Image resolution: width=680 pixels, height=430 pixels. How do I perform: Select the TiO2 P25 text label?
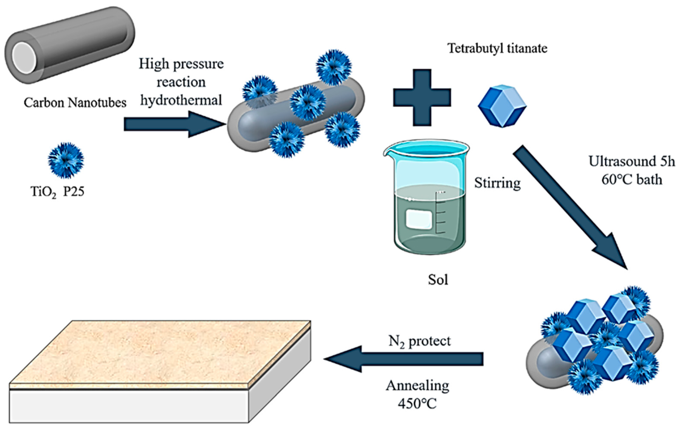tap(57, 192)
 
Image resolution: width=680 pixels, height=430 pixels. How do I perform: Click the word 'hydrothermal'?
tap(181, 100)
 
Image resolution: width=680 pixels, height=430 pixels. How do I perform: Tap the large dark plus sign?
tap(422, 97)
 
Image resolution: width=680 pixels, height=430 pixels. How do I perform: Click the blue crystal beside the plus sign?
tap(502, 106)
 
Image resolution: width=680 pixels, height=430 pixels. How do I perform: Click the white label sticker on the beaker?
tap(419, 220)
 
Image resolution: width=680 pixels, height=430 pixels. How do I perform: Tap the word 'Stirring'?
tap(497, 183)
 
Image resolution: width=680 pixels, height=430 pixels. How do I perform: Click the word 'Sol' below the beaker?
tap(438, 279)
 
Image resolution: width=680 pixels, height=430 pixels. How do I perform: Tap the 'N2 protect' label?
tap(420, 342)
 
